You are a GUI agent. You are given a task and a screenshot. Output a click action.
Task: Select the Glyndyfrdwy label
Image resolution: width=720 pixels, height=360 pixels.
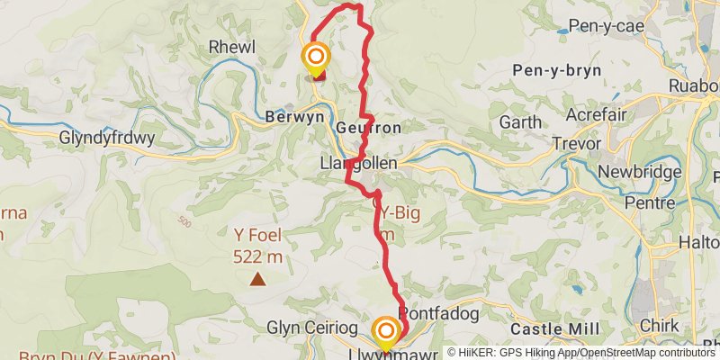tap(107, 139)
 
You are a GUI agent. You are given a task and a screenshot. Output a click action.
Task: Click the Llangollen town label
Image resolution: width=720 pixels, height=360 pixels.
tap(358, 164)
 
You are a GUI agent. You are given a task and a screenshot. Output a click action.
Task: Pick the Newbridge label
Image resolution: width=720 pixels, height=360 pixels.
tap(651, 171)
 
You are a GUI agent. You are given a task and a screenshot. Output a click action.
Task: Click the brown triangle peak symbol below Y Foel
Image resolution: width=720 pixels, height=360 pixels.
tap(258, 279)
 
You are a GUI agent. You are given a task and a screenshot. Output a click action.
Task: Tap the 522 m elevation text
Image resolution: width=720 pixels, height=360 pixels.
tap(258, 256)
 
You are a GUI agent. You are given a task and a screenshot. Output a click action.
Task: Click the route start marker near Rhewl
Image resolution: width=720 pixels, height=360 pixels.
tap(316, 58)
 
